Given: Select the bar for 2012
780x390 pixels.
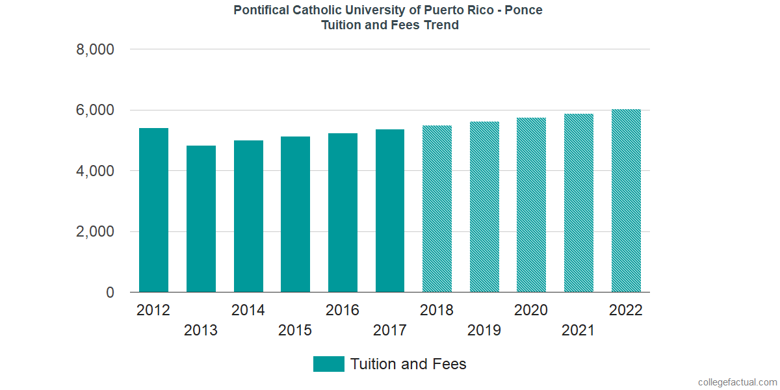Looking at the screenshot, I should [153, 210].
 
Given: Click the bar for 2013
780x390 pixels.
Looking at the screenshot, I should [201, 219].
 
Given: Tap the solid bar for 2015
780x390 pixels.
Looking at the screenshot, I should [295, 214].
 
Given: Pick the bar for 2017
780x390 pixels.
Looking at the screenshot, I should [390, 211].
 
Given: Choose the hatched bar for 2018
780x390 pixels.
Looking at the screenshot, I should [437, 209].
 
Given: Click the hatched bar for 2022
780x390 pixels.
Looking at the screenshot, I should [626, 201].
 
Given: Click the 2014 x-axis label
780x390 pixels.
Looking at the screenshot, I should [248, 310].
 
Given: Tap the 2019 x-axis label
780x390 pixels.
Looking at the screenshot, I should [484, 331].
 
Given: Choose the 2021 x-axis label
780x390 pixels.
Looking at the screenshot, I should [578, 331].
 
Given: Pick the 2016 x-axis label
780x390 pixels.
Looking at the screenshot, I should [343, 310].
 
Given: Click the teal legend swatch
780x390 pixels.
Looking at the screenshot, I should [328, 364].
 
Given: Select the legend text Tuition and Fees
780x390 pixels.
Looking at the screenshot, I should [408, 364].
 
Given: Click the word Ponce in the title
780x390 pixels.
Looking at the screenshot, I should [528, 10].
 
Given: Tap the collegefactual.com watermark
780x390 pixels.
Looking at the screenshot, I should [737, 382].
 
